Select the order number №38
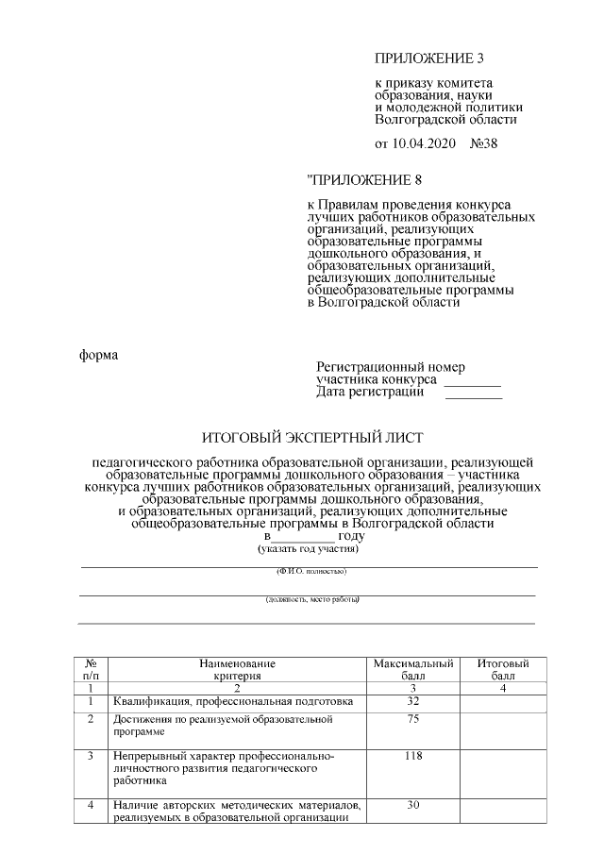(483, 143)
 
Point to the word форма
(98, 355)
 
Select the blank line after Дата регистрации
(472, 397)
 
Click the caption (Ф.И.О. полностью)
(311, 572)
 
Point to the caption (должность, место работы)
(311, 599)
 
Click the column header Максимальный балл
(413, 670)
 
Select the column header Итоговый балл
(502, 670)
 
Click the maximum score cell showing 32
(413, 702)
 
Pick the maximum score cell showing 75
(413, 720)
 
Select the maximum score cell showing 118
(413, 757)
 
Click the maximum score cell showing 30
(413, 805)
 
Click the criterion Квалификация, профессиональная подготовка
(233, 702)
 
